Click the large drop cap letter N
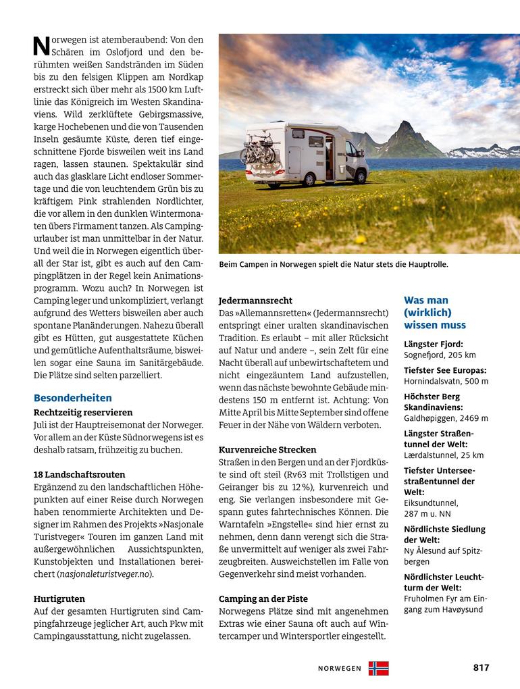click(41, 47)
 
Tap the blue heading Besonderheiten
click(73, 398)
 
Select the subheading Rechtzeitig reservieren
click(83, 412)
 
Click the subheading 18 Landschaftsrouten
click(79, 475)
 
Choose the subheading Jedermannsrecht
click(256, 300)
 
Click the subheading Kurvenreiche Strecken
click(267, 449)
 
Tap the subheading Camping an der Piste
click(263, 598)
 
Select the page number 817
click(481, 667)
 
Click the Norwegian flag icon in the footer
click(378, 668)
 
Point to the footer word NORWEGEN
click(340, 669)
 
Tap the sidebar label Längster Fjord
click(434, 344)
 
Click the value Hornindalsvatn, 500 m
click(446, 381)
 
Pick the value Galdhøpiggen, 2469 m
click(446, 418)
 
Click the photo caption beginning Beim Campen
click(334, 265)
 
